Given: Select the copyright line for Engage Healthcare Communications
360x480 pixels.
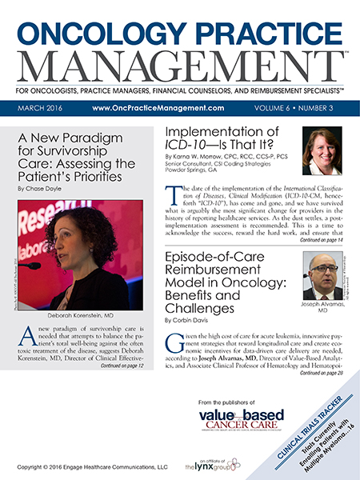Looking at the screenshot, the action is [x=83, y=465].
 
